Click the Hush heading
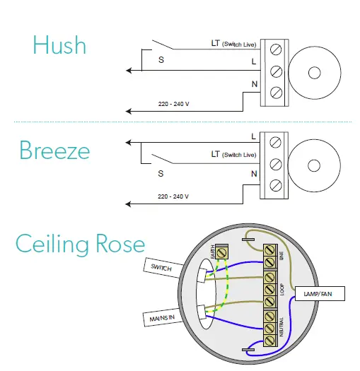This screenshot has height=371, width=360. click(x=59, y=45)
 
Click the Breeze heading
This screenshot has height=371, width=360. click(x=54, y=150)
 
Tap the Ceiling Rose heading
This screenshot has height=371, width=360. click(x=80, y=244)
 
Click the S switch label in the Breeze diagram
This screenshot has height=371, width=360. click(x=161, y=172)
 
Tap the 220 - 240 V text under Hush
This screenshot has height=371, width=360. click(x=174, y=104)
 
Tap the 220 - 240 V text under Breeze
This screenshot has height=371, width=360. click(x=174, y=196)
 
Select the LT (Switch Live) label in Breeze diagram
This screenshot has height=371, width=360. click(x=233, y=154)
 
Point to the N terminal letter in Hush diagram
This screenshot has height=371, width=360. click(x=253, y=85)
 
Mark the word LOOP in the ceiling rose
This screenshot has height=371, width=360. click(x=281, y=290)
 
